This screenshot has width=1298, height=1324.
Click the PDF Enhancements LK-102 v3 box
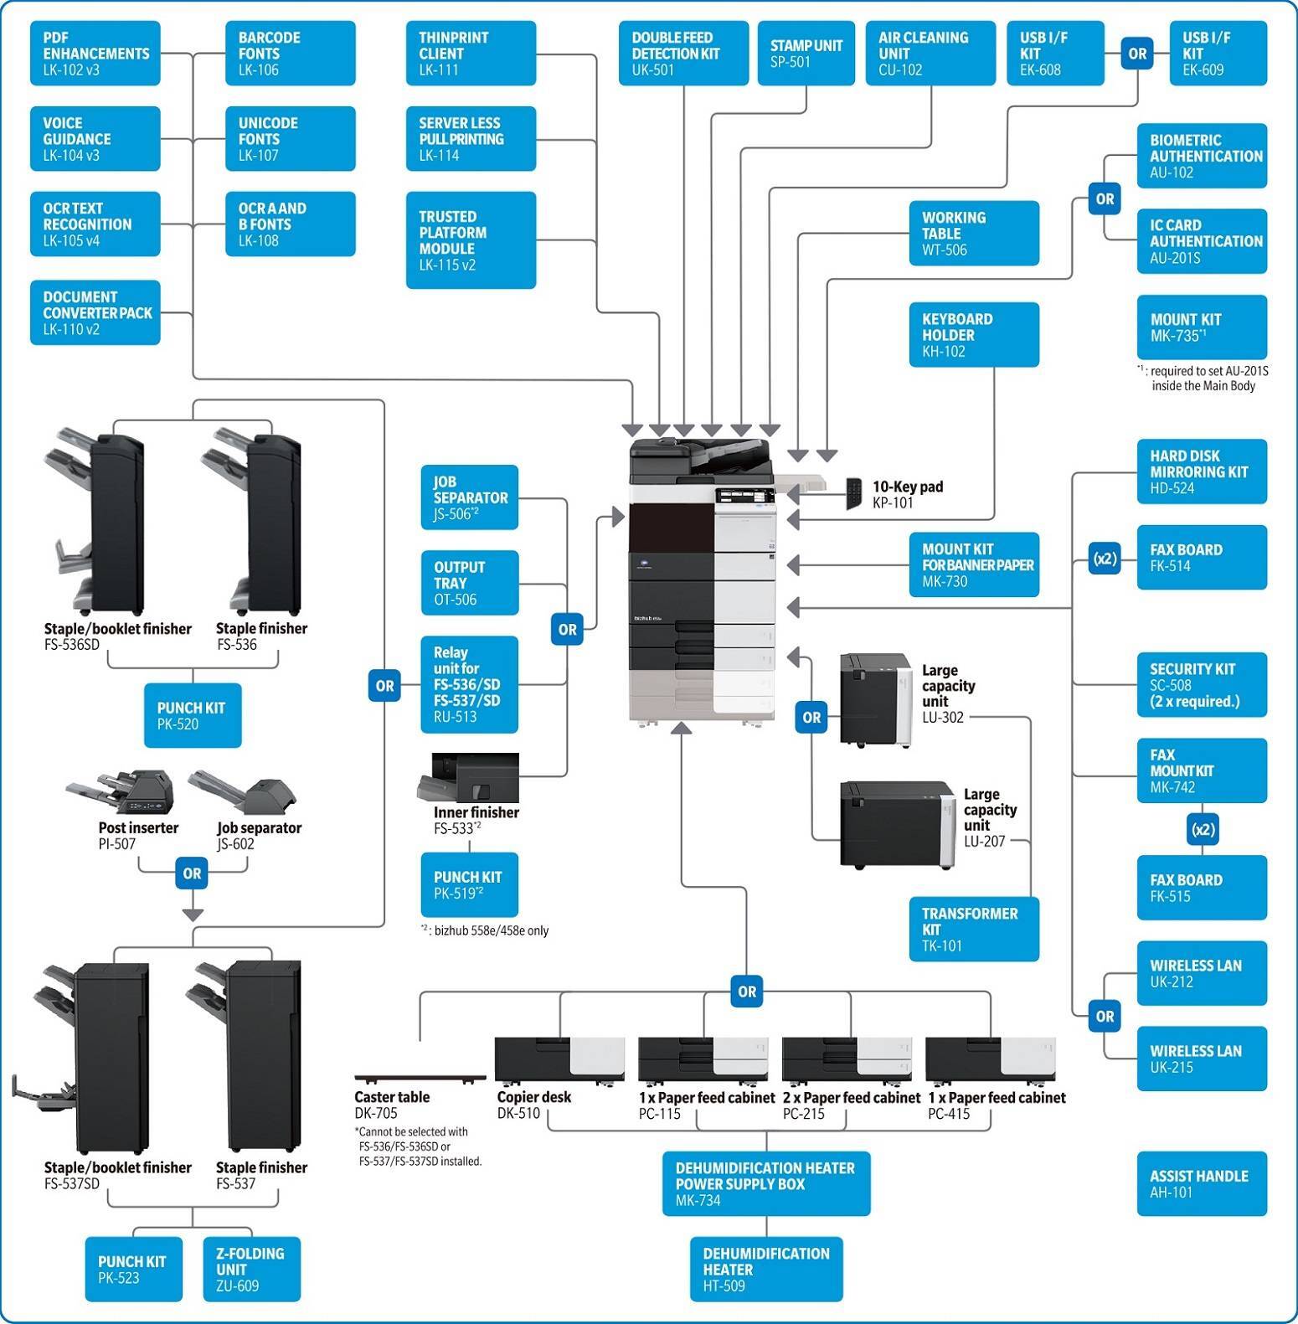(x=95, y=54)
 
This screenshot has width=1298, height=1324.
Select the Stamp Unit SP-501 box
(x=806, y=54)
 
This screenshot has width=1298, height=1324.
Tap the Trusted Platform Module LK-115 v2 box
(x=471, y=240)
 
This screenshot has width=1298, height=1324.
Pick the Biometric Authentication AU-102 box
(x=1201, y=157)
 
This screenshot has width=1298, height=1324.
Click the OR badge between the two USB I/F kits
(x=1136, y=54)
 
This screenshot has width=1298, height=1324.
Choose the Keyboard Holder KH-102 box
(x=973, y=335)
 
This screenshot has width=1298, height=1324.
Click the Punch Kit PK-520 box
(x=193, y=715)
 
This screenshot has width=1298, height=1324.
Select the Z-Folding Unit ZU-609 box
(x=251, y=1269)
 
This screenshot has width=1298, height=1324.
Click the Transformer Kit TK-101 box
(x=973, y=929)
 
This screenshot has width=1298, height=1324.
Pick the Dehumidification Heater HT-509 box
(x=765, y=1269)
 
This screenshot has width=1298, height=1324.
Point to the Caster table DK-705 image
(x=420, y=1077)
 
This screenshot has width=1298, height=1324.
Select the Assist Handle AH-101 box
(x=1201, y=1183)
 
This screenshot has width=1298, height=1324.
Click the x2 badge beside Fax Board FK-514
(x=1105, y=558)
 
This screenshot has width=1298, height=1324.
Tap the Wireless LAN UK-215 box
(x=1201, y=1059)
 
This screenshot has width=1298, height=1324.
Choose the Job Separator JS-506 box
(x=469, y=497)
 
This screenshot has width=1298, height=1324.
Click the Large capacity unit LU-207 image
(x=897, y=825)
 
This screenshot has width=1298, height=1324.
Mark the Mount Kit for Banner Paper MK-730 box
(x=973, y=564)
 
